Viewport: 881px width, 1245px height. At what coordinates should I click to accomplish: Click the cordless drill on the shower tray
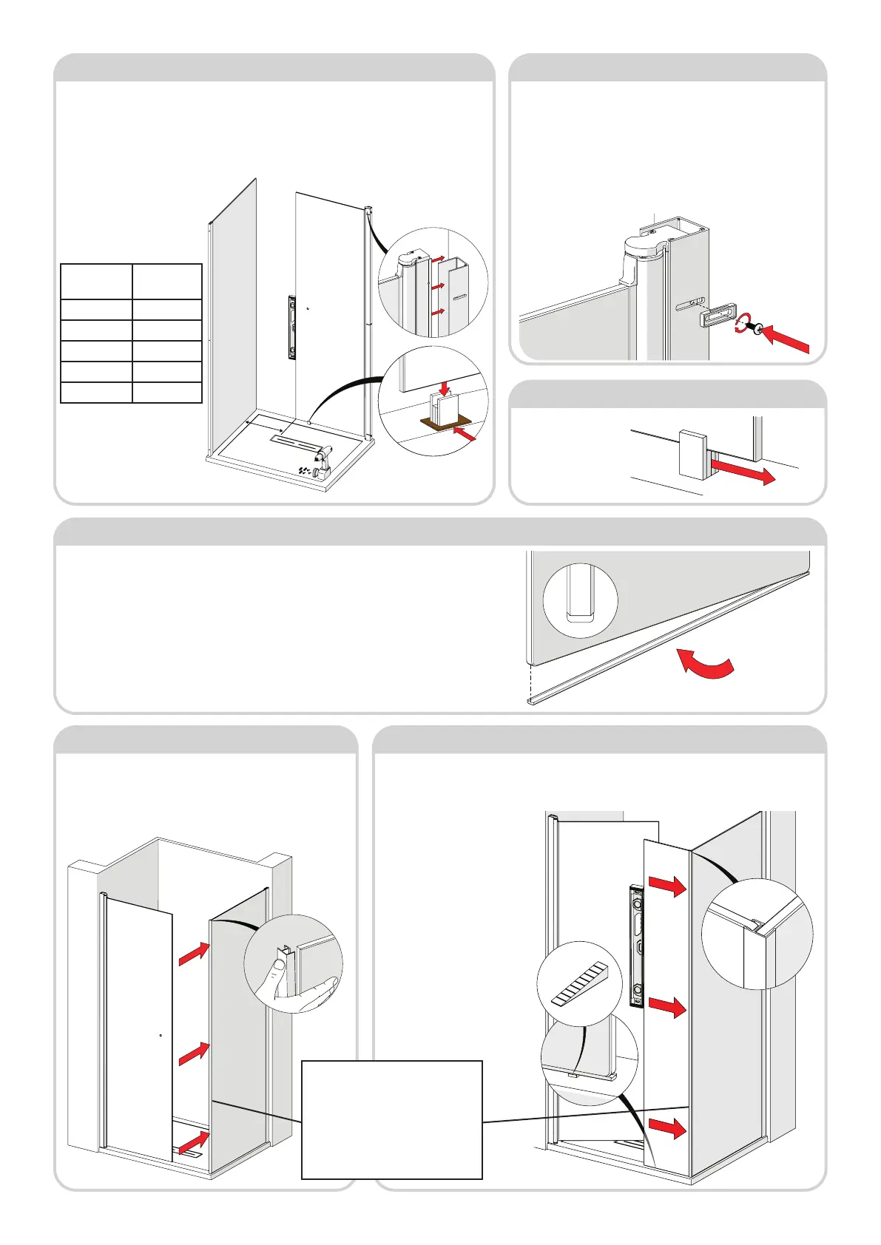323,458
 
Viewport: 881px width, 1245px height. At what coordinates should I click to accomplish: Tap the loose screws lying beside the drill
304,470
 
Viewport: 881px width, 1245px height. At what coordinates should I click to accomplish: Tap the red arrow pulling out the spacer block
743,470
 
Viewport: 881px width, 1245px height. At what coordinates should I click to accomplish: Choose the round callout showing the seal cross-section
580,600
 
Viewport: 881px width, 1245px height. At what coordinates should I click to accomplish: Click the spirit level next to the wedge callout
635,946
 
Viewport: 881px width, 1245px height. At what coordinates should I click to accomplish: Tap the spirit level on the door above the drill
292,328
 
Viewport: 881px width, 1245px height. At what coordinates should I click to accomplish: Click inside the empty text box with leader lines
391,1119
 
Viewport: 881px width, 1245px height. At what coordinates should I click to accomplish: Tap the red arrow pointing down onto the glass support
444,387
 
